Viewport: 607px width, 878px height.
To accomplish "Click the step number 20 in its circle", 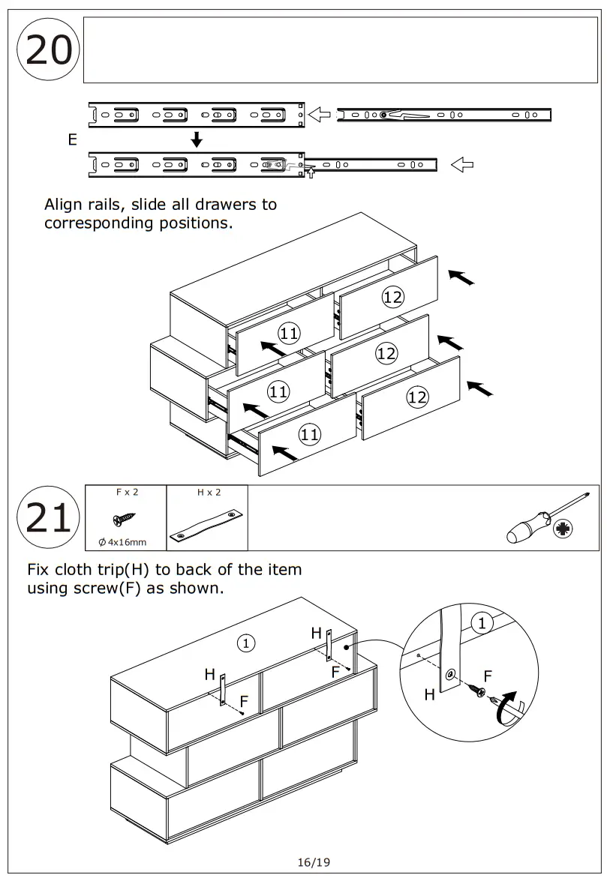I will click(x=49, y=52).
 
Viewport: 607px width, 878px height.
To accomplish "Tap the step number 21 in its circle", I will click(x=49, y=518).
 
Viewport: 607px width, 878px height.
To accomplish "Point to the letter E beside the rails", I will click(x=73, y=139).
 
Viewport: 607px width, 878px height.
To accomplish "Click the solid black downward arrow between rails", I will click(x=197, y=139).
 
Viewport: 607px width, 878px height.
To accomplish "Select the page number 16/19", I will click(x=314, y=862).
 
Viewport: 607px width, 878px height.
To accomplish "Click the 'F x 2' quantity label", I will click(x=127, y=493).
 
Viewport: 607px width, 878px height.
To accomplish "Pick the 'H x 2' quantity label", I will click(x=209, y=493).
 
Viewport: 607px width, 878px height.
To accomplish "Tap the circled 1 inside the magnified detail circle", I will click(x=481, y=622).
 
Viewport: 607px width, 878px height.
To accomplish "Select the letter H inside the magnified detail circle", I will click(x=429, y=695).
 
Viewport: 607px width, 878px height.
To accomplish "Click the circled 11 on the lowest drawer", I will click(x=310, y=433).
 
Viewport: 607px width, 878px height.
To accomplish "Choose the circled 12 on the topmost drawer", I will click(x=392, y=297).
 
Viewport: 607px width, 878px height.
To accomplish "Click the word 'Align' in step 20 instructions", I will click(x=63, y=205).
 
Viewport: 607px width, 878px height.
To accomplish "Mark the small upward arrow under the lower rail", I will click(x=310, y=174).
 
